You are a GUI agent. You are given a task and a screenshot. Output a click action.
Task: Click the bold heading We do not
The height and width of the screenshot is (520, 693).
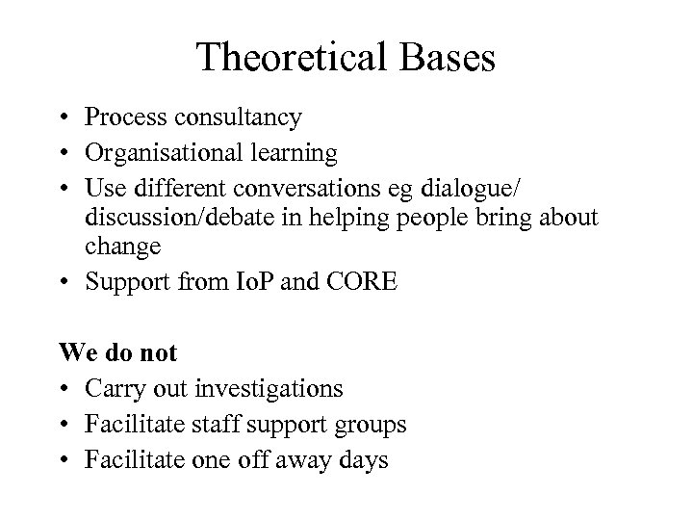[x=118, y=352]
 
